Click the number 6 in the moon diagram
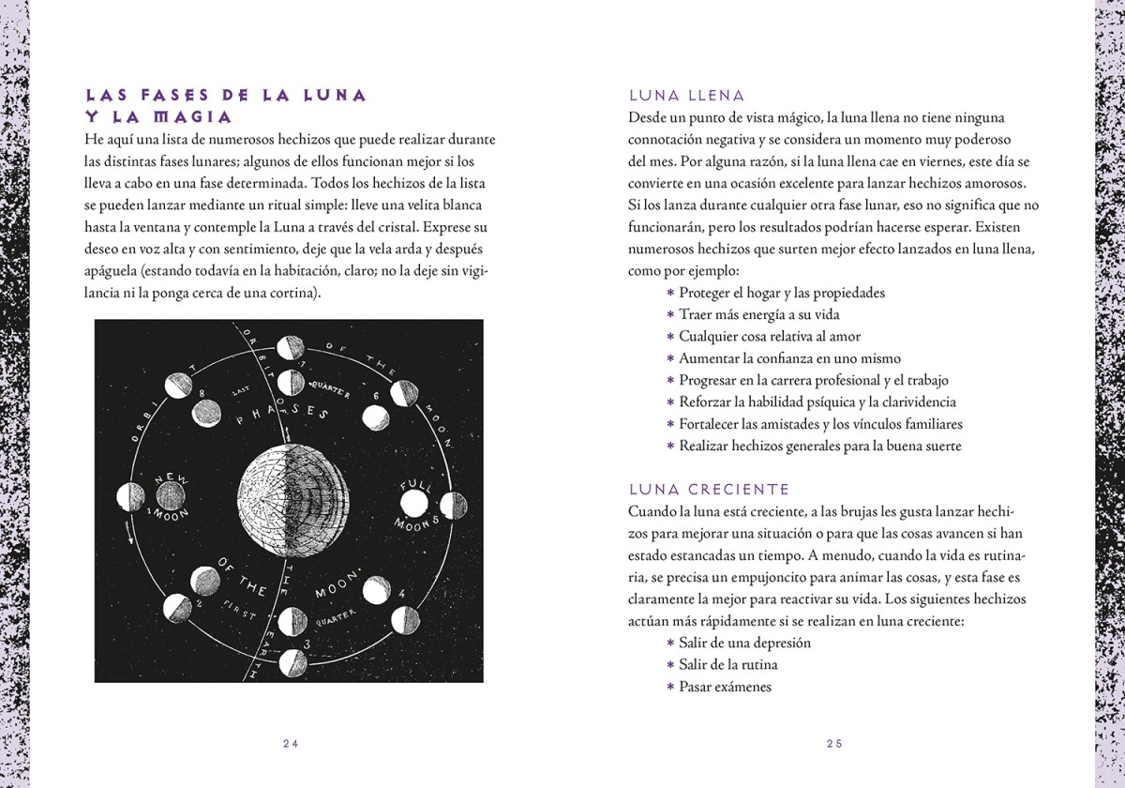pos(376,397)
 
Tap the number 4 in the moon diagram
pos(401,594)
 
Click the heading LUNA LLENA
pos(686,96)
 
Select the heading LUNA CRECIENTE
pos(709,490)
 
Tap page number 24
pos(290,743)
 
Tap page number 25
pos(834,743)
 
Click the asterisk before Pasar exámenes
pos(670,688)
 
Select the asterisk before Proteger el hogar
pos(670,294)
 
